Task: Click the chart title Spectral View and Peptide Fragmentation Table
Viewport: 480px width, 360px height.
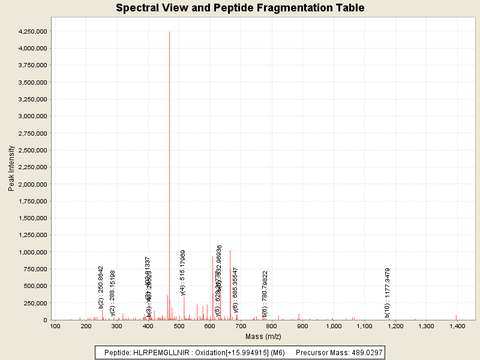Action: (x=240, y=8)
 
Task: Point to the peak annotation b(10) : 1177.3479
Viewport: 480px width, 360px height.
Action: (x=388, y=292)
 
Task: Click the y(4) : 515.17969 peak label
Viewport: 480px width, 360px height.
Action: (x=183, y=273)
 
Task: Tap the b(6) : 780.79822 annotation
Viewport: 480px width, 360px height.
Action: (x=265, y=293)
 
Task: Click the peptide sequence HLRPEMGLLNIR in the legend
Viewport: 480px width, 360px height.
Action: (x=163, y=352)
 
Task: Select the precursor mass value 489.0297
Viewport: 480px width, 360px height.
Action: (x=363, y=352)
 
